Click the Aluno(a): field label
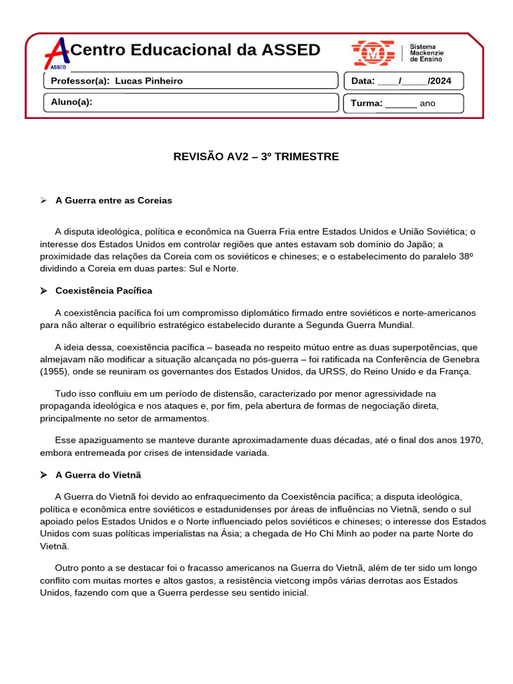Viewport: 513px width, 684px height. (71, 102)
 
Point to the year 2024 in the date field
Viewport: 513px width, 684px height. (441, 81)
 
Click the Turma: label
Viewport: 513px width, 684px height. (367, 104)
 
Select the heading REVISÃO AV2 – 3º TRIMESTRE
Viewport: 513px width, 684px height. (256, 157)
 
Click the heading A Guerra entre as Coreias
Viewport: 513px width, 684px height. (114, 200)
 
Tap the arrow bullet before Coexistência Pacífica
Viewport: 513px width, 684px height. (43, 291)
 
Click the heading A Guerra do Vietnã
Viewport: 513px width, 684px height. (98, 476)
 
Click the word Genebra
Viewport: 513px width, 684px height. (461, 359)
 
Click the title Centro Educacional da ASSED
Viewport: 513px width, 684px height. (195, 50)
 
